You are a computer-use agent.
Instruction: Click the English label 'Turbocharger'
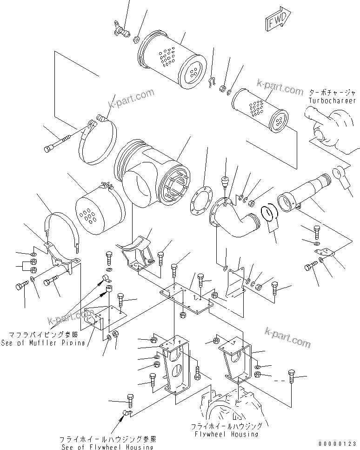click(x=332, y=101)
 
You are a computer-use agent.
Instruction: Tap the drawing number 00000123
click(x=339, y=443)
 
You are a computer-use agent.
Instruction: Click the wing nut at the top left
click(x=122, y=31)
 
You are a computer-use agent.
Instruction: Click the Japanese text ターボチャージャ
click(x=332, y=93)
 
